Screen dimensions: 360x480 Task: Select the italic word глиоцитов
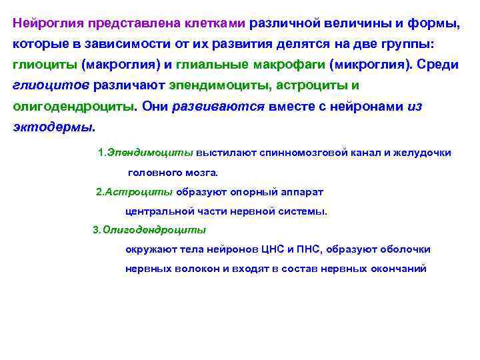(x=50, y=85)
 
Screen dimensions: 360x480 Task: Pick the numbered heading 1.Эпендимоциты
(x=145, y=153)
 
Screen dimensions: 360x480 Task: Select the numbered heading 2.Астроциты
(x=134, y=192)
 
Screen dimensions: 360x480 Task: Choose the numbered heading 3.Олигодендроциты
(x=149, y=230)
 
